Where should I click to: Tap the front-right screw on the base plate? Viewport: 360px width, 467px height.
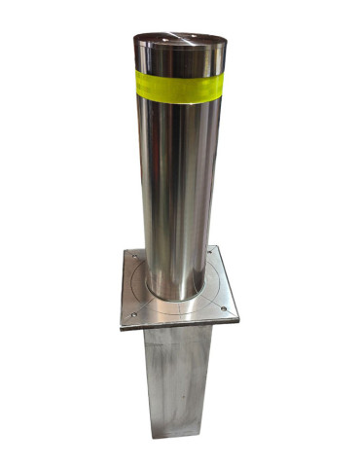click(x=226, y=311)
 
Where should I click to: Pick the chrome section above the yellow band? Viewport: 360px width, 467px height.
click(x=181, y=58)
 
